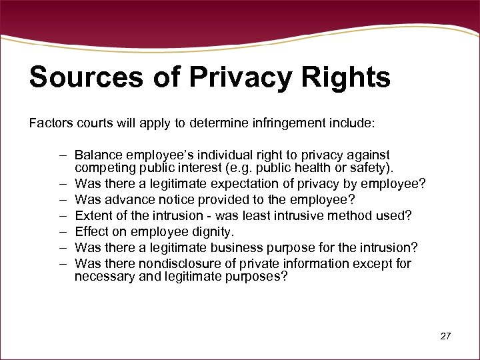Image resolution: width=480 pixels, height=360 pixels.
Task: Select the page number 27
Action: click(x=445, y=336)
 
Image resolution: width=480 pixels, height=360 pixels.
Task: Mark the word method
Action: click(x=357, y=215)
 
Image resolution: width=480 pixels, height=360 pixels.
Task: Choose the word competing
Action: click(x=103, y=167)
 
